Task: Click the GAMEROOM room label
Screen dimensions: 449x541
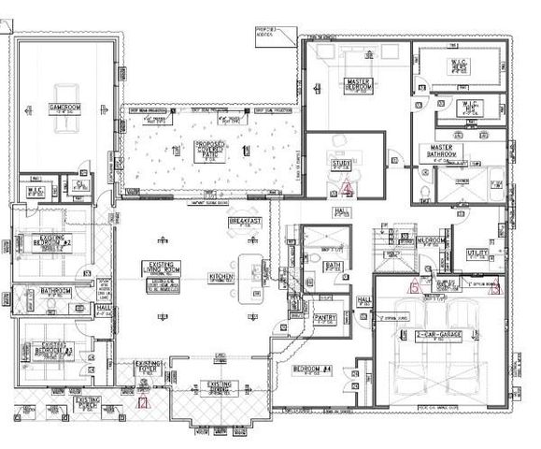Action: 64,109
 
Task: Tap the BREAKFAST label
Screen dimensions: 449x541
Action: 245,222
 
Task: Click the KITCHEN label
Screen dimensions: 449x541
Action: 221,277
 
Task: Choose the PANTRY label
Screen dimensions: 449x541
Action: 325,318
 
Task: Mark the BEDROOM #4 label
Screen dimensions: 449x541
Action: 312,370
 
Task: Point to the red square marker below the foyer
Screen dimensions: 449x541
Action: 142,404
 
